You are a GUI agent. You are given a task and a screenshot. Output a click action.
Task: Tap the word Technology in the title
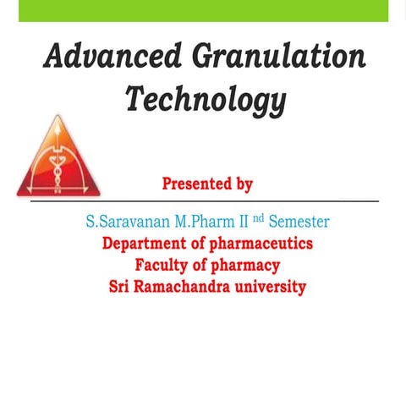(206, 100)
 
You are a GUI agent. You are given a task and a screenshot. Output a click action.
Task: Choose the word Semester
(299, 222)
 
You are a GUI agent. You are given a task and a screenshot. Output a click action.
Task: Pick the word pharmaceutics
(259, 244)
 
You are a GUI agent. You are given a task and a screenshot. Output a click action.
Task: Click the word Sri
(122, 287)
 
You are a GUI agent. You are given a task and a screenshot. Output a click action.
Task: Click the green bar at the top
(203, 10)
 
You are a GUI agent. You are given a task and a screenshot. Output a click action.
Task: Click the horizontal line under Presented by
(203, 202)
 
